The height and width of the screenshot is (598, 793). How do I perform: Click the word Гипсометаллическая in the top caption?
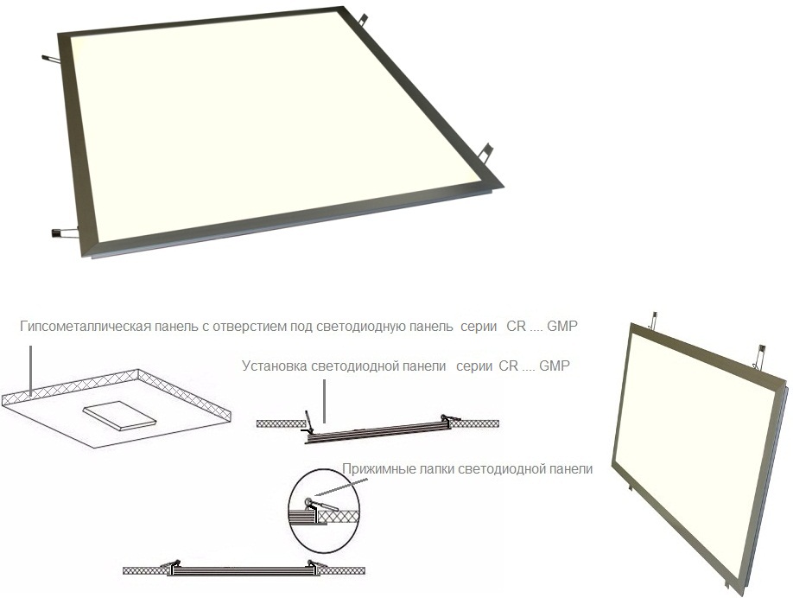click(x=86, y=327)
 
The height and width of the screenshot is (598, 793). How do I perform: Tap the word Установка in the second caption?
click(x=274, y=366)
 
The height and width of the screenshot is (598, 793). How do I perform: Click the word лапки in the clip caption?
click(x=436, y=469)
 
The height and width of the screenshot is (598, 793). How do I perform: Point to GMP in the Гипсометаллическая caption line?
click(x=561, y=327)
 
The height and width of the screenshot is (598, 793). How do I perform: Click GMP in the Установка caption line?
click(x=555, y=366)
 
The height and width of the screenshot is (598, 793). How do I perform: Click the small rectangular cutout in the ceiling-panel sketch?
click(x=120, y=416)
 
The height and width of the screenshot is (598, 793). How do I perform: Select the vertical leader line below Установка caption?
click(x=324, y=402)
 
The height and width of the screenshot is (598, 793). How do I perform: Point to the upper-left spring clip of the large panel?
click(x=51, y=59)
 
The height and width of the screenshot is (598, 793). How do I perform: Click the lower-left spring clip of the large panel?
click(x=64, y=233)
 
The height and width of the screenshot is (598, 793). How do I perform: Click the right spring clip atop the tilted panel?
click(x=759, y=357)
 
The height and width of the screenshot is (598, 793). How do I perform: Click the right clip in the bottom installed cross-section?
click(x=316, y=563)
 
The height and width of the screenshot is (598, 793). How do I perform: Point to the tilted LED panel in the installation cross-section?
click(x=377, y=431)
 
